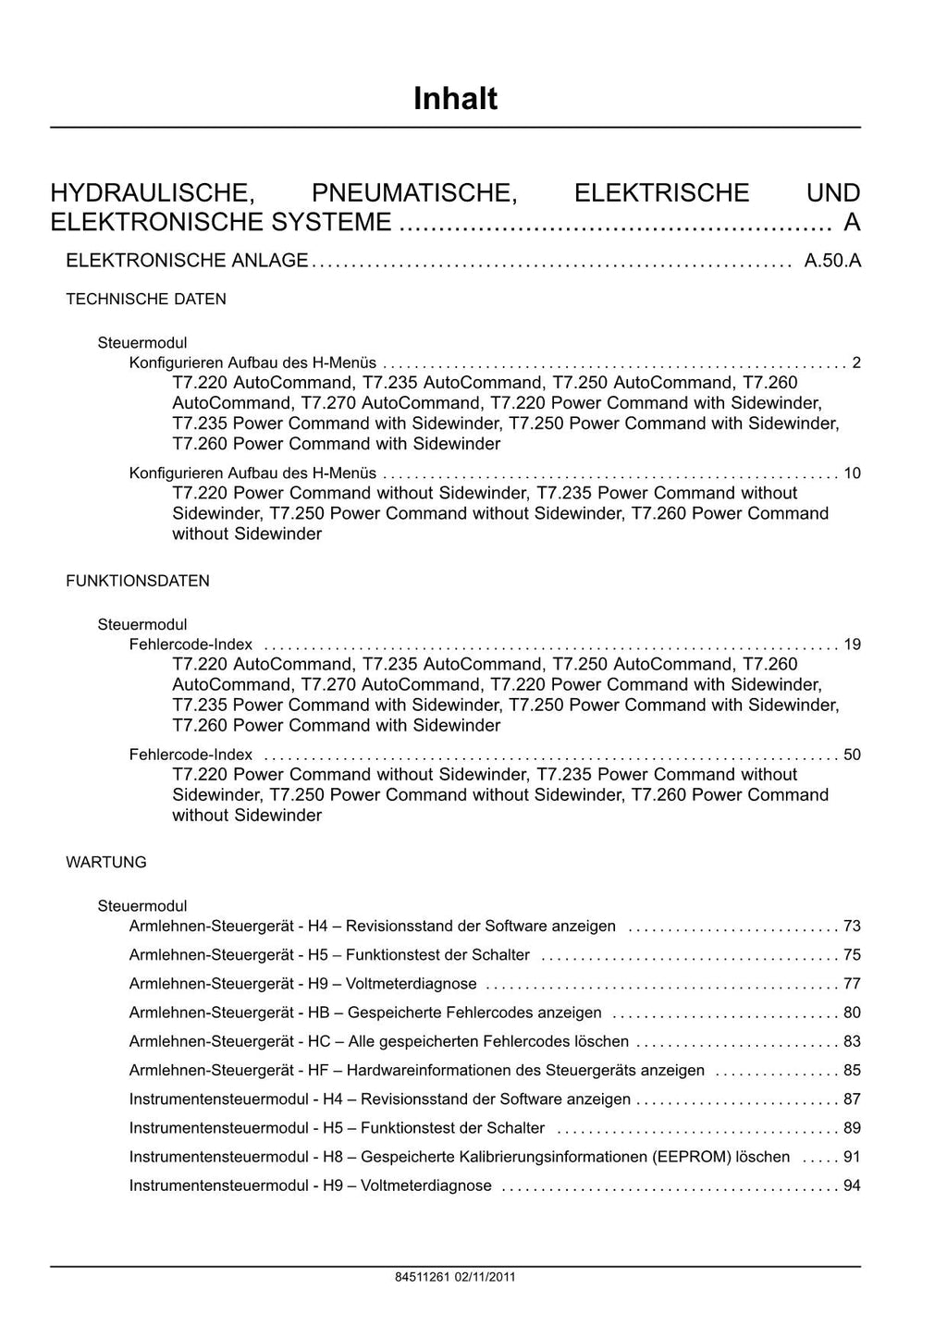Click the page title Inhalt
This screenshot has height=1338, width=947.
[x=455, y=98]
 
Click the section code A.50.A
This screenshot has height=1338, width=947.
[x=832, y=261]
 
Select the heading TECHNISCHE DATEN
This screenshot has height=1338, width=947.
[x=146, y=300]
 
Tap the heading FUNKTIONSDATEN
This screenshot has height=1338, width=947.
[x=138, y=581]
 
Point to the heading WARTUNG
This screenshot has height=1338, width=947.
[x=106, y=862]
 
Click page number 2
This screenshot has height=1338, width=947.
[x=856, y=362]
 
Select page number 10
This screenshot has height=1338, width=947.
[x=852, y=473]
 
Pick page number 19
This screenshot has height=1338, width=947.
[x=852, y=644]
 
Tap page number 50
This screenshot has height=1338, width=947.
[x=852, y=755]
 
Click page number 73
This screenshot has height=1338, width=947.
[x=852, y=926]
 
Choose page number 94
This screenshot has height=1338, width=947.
[x=852, y=1185]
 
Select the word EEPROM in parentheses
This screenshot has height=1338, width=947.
[x=692, y=1157]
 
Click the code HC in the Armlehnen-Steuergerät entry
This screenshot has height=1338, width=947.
[x=319, y=1041]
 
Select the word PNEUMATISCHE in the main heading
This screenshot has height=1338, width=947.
[x=414, y=193]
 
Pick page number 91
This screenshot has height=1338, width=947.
[x=852, y=1157]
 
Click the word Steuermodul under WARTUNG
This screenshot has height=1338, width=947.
[x=142, y=906]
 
